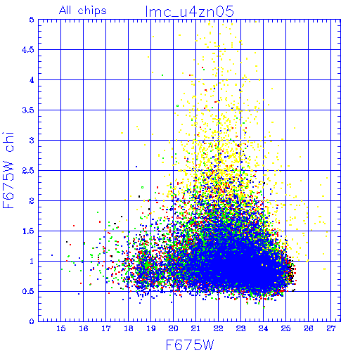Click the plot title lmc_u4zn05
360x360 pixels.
(189, 11)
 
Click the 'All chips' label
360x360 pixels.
(83, 11)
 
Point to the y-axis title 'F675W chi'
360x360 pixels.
(8, 170)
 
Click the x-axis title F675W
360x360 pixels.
(190, 345)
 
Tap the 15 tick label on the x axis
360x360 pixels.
(61, 328)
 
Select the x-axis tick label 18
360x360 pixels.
(129, 328)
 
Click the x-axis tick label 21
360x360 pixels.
(195, 328)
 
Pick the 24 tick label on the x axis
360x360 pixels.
(263, 328)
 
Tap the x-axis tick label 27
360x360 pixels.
(331, 328)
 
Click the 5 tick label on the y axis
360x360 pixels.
(32, 20)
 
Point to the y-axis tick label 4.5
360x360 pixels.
(28, 50)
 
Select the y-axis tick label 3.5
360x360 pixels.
(28, 110)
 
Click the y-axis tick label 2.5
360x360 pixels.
(28, 171)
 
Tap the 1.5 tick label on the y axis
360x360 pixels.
(28, 231)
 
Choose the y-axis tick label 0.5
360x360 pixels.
(28, 291)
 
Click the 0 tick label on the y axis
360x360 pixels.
(32, 321)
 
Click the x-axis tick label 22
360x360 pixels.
(218, 328)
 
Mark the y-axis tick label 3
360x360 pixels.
(32, 141)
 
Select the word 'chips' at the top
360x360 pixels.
(92, 11)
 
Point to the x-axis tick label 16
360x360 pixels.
(84, 328)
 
